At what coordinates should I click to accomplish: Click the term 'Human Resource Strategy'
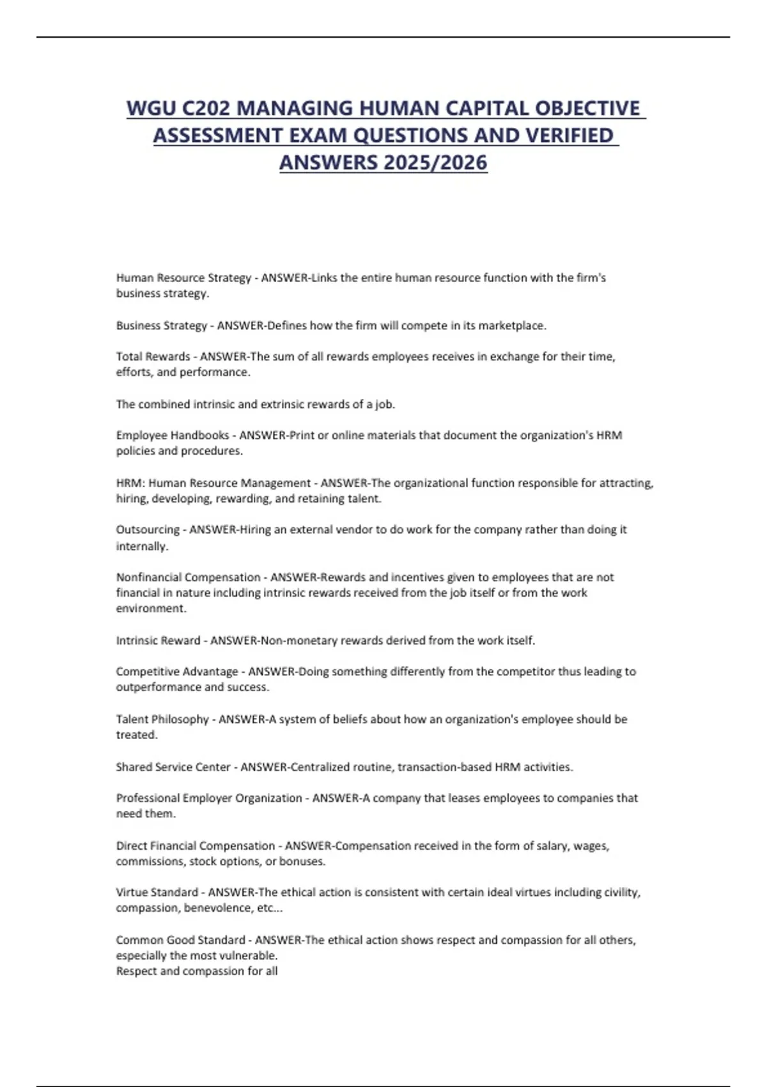183,278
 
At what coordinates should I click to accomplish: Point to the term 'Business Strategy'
162,325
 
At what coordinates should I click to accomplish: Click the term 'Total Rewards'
153,357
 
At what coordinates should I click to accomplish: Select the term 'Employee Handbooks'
173,435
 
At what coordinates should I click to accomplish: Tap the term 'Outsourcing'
148,530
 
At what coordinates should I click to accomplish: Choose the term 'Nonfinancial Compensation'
188,577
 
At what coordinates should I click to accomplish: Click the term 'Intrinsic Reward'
158,641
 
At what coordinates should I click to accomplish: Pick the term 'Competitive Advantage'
177,672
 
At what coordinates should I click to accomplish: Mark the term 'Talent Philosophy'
162,719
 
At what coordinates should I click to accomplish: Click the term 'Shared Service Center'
173,767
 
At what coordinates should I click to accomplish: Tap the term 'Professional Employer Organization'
209,798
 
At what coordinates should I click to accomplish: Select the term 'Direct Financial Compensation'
195,846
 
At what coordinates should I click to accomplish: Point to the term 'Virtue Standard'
157,893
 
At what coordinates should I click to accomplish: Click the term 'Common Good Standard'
180,941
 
